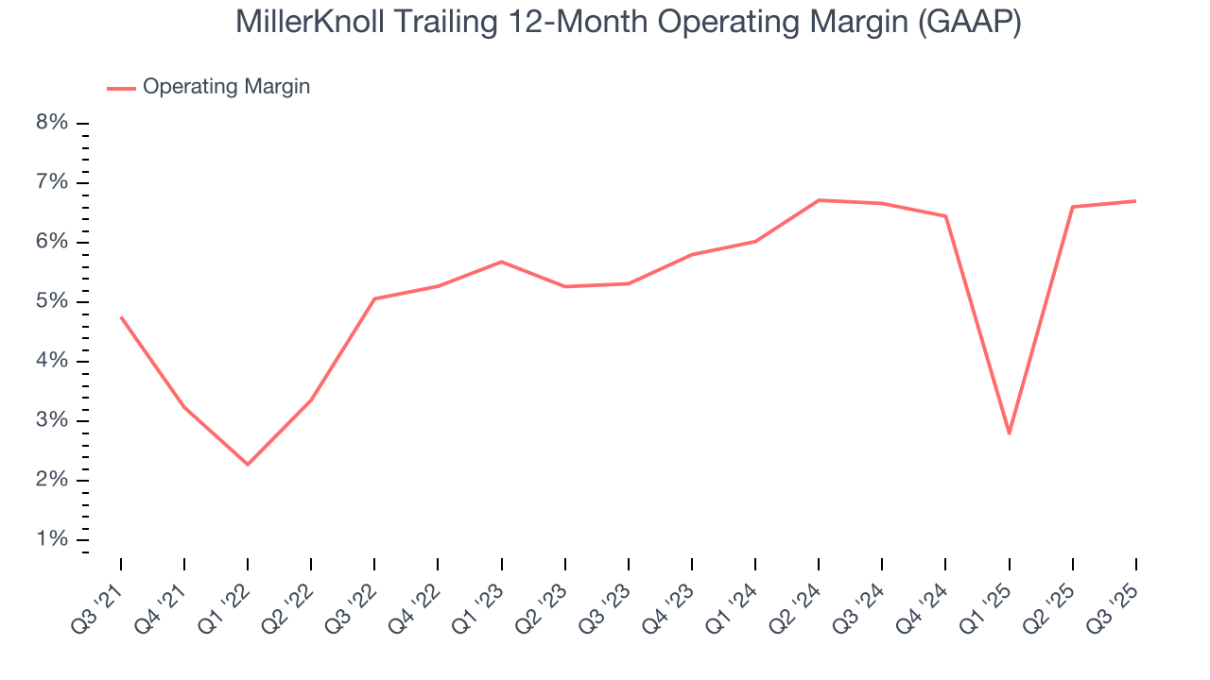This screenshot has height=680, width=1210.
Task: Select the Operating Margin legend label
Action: (x=226, y=87)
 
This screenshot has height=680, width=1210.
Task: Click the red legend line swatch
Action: (x=121, y=88)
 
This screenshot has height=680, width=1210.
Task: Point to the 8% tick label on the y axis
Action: (x=53, y=123)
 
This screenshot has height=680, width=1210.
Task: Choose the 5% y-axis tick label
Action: (x=53, y=301)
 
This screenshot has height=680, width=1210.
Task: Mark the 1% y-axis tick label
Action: (x=53, y=539)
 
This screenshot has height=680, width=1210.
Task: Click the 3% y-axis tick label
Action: (x=53, y=420)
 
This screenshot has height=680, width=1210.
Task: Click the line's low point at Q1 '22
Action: (x=248, y=465)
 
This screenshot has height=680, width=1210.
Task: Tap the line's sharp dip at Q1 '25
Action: (x=1010, y=433)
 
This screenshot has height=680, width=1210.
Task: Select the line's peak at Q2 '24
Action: (x=819, y=200)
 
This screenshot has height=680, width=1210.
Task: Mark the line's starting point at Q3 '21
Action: (x=121, y=317)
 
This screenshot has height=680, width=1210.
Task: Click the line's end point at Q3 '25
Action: (x=1135, y=201)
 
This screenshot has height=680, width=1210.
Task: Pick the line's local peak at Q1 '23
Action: (x=501, y=262)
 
